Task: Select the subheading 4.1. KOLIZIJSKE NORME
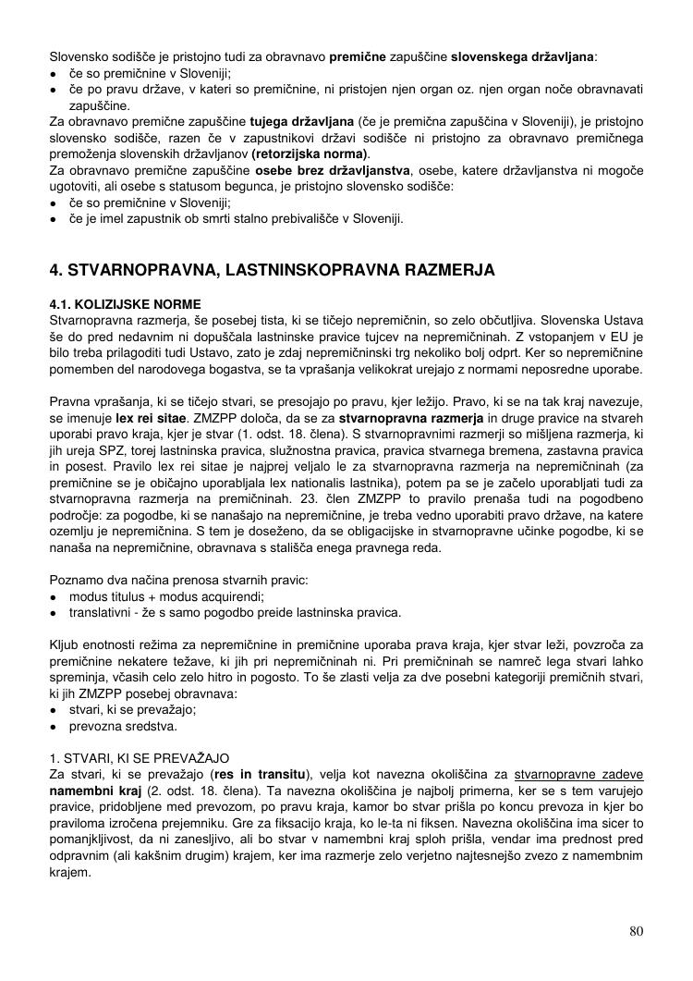tap(125, 304)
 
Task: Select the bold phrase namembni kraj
tap(95, 791)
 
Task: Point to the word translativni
tap(102, 612)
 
